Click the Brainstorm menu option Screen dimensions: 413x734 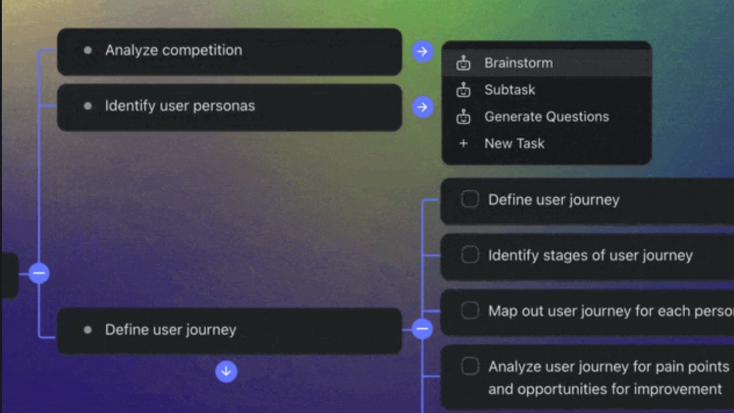coord(518,63)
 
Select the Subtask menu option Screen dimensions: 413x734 coord(509,90)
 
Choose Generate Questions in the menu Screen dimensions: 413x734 coord(546,117)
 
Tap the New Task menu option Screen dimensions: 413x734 coord(514,143)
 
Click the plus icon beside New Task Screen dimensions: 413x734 coord(463,143)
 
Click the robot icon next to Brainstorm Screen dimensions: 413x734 coord(463,63)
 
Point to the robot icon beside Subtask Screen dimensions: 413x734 coord(463,90)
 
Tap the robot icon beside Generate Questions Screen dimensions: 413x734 coord(463,117)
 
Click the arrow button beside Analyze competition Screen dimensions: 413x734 coord(423,52)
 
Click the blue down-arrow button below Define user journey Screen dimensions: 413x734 coord(226,371)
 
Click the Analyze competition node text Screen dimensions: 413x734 coord(173,50)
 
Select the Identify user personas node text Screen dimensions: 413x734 coord(179,106)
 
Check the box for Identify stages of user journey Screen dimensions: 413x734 coord(470,255)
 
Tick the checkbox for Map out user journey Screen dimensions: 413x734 coord(470,311)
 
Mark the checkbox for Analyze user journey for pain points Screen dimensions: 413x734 coord(470,367)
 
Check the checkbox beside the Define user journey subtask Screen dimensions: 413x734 coord(470,200)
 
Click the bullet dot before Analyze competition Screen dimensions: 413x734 coord(88,50)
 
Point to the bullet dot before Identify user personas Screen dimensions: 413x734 coord(88,106)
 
